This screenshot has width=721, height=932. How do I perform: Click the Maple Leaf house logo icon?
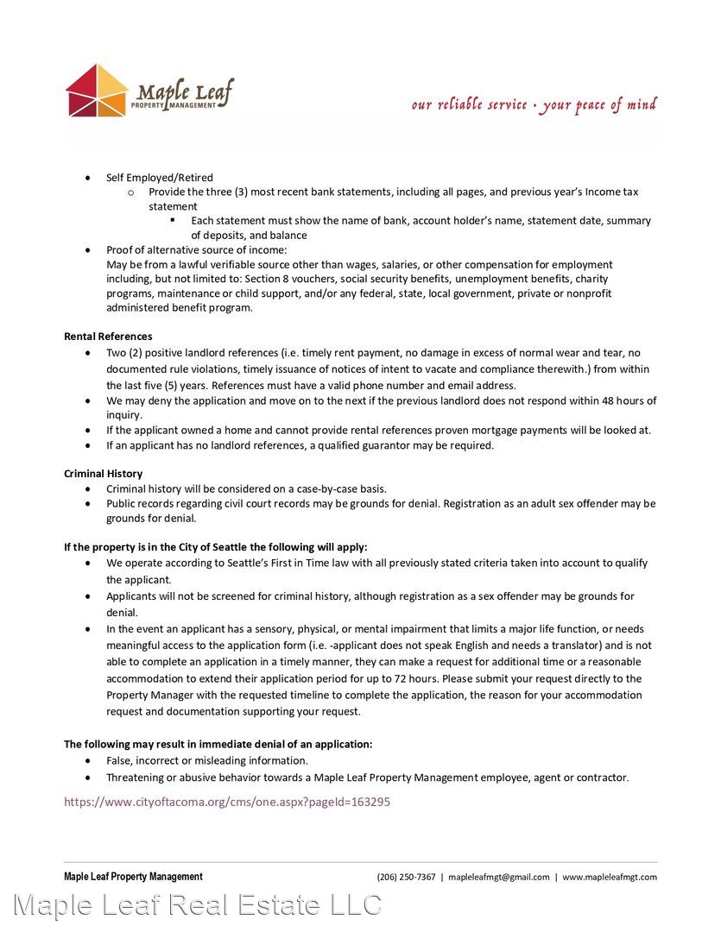pyautogui.click(x=97, y=91)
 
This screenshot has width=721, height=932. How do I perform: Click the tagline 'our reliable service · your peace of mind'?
pyautogui.click(x=534, y=105)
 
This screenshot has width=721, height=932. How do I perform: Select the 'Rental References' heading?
pyautogui.click(x=108, y=337)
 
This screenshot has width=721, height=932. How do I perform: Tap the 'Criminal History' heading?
pyautogui.click(x=104, y=474)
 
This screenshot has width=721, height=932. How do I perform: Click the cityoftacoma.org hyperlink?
pyautogui.click(x=227, y=802)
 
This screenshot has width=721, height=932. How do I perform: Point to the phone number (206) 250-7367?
pyautogui.click(x=406, y=877)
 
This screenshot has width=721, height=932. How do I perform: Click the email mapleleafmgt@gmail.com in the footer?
pyautogui.click(x=499, y=877)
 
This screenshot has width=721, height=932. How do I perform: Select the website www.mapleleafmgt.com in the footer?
pyautogui.click(x=610, y=877)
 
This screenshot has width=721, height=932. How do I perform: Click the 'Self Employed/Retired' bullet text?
pyautogui.click(x=160, y=178)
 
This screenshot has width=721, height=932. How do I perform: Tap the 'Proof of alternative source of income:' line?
pyautogui.click(x=196, y=250)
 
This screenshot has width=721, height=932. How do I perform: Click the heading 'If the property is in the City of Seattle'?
pyautogui.click(x=215, y=547)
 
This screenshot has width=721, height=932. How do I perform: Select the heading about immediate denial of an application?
pyautogui.click(x=218, y=744)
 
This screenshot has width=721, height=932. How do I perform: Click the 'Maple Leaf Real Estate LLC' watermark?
pyautogui.click(x=198, y=905)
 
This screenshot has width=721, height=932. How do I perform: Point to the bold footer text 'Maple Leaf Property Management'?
pyautogui.click(x=133, y=877)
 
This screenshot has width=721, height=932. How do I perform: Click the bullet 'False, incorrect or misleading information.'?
pyautogui.click(x=207, y=761)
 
